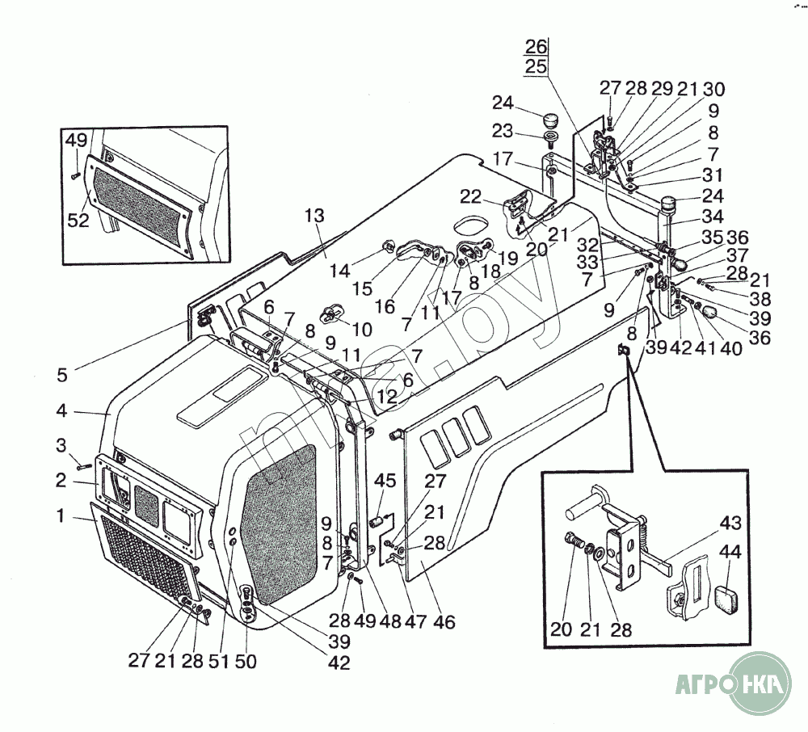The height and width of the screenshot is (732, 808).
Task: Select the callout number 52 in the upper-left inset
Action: (x=78, y=220)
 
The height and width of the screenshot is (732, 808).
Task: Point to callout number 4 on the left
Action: (x=61, y=410)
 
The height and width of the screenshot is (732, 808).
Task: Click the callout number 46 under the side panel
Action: (x=444, y=622)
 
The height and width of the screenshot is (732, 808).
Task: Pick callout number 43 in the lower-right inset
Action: (x=730, y=523)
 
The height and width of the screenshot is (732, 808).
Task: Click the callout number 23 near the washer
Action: (x=503, y=129)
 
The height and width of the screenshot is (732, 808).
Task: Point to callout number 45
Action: (x=385, y=482)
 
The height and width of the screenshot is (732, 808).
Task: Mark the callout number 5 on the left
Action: (x=61, y=375)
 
